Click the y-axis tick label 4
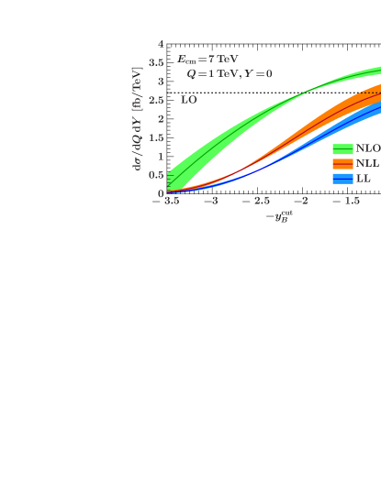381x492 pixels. tap(161, 43)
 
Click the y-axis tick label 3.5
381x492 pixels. tap(157, 62)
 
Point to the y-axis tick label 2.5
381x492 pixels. tap(157, 100)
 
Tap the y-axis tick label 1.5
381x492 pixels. tap(157, 137)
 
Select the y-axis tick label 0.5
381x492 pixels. tap(157, 175)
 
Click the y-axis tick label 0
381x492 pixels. tap(161, 193)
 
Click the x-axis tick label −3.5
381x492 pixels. tap(165, 201)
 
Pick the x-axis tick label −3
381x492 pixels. tap(210, 201)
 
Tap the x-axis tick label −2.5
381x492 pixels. tap(255, 201)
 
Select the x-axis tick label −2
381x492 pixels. tap(300, 201)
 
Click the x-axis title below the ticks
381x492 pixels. tap(278, 216)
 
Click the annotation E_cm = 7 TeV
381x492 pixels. tap(207, 59)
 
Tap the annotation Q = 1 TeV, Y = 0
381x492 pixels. tap(230, 73)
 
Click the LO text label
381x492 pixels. tap(188, 99)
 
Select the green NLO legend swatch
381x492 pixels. tap(342, 148)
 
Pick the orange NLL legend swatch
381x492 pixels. tap(342, 163)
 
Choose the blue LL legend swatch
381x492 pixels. tap(342, 178)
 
